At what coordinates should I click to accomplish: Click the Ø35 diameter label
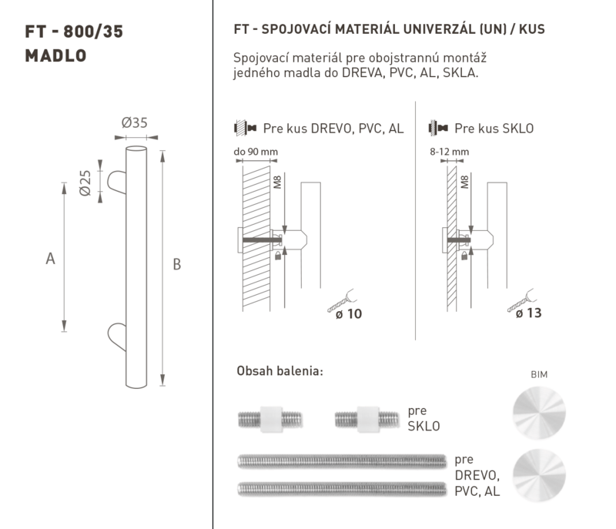(x=134, y=122)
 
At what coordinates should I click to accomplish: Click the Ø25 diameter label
(x=85, y=182)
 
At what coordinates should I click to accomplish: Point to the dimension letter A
(x=50, y=259)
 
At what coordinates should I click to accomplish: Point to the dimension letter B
(x=177, y=264)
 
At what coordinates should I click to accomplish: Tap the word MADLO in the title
(x=55, y=55)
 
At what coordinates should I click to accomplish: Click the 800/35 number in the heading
(x=93, y=32)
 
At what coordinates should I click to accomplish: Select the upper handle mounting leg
(x=117, y=182)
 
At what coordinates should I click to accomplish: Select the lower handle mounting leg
(x=117, y=336)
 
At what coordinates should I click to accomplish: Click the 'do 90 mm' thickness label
(x=256, y=152)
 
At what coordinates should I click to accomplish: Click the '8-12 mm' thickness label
(x=450, y=152)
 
